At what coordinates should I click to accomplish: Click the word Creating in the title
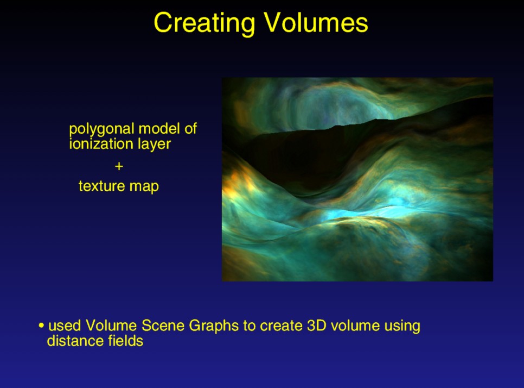pyautogui.click(x=204, y=23)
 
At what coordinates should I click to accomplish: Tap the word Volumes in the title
pyautogui.click(x=316, y=22)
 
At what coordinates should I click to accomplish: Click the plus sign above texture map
pyautogui.click(x=119, y=166)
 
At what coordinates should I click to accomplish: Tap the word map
pyautogui.click(x=144, y=187)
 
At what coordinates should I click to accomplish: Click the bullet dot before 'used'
pyautogui.click(x=41, y=326)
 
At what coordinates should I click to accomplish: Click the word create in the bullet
pyautogui.click(x=281, y=326)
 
